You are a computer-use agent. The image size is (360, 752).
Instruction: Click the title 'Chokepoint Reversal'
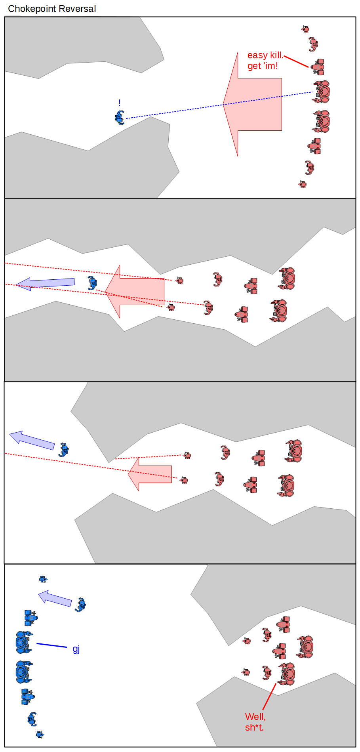(x=52, y=9)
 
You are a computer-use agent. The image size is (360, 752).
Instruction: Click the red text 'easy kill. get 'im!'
(x=265, y=60)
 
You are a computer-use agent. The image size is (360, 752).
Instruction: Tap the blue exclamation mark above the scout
(x=120, y=103)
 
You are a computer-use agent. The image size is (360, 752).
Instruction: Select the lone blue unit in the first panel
(x=120, y=118)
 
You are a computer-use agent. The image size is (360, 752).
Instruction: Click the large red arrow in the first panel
(x=252, y=104)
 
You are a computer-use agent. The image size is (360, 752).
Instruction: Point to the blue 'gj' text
(x=76, y=649)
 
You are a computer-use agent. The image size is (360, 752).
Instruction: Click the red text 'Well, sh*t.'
(x=255, y=722)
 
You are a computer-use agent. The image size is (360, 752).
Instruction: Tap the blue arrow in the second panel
(x=45, y=283)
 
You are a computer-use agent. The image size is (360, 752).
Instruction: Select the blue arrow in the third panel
(x=32, y=440)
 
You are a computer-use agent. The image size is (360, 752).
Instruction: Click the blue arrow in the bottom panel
(x=55, y=599)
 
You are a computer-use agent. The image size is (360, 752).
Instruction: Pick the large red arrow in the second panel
(x=135, y=292)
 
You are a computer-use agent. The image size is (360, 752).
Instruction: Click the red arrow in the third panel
(x=150, y=474)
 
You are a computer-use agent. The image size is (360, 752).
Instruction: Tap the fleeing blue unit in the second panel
(x=92, y=283)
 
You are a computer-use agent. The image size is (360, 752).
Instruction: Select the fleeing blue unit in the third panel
(x=64, y=450)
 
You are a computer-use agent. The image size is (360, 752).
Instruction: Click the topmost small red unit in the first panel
(x=305, y=29)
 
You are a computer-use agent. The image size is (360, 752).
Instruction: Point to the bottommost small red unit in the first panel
(x=302, y=184)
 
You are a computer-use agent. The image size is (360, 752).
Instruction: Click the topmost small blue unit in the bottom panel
(x=43, y=579)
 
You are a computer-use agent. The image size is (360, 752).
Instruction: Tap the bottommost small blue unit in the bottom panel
(x=40, y=735)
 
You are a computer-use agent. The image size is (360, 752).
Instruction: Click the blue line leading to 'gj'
(x=51, y=645)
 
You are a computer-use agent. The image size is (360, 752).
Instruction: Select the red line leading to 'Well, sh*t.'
(x=269, y=697)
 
